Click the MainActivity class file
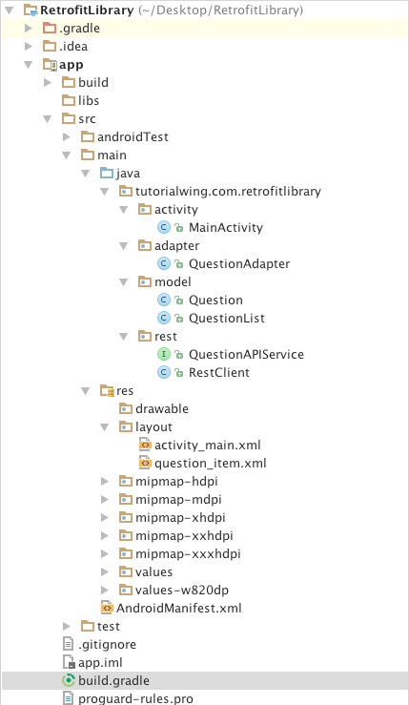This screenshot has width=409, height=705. (x=225, y=227)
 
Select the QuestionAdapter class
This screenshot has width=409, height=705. (x=238, y=263)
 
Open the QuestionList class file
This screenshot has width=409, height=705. (x=226, y=318)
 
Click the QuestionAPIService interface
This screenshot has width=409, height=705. (x=246, y=354)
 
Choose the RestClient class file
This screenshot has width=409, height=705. (x=218, y=372)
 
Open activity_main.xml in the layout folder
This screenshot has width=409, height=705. (x=207, y=445)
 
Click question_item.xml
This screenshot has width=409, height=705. (x=210, y=463)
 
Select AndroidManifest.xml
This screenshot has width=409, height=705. (x=178, y=608)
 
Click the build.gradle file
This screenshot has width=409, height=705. (x=113, y=680)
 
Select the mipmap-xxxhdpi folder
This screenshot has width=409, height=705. (x=188, y=553)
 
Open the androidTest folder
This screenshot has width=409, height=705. (x=132, y=136)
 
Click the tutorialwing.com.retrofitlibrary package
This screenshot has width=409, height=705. (x=228, y=191)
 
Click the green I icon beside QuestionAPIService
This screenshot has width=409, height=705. (x=163, y=354)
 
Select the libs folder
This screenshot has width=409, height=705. (x=89, y=100)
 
